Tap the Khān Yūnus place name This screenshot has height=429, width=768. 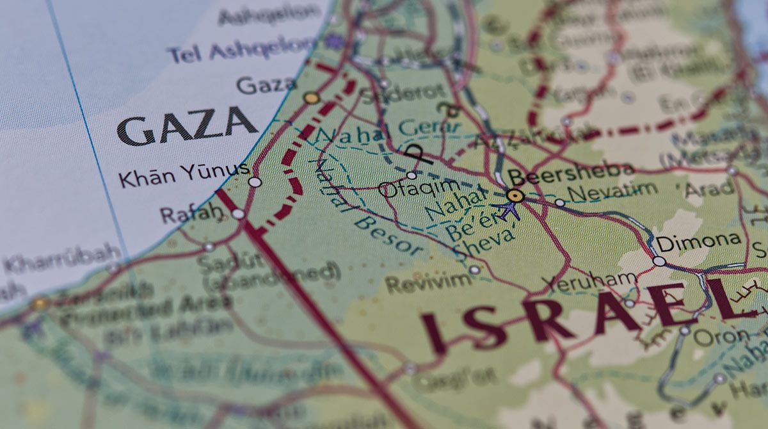[x=183, y=174]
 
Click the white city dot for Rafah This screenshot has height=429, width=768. [x=238, y=214]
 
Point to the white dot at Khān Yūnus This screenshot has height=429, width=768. [x=255, y=182]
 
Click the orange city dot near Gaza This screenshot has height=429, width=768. [x=312, y=98]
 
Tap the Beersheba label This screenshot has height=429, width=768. [x=571, y=172]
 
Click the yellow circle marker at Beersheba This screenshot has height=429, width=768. [x=515, y=195]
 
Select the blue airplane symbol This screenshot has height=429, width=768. [x=509, y=209]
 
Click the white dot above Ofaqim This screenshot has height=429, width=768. [x=411, y=175]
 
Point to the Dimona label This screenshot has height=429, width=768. [x=699, y=242]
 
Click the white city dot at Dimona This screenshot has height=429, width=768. [x=659, y=261]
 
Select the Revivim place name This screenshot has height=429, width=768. [x=428, y=282]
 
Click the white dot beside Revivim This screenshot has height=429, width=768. [x=474, y=270]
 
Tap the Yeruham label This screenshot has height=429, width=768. [x=589, y=281]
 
